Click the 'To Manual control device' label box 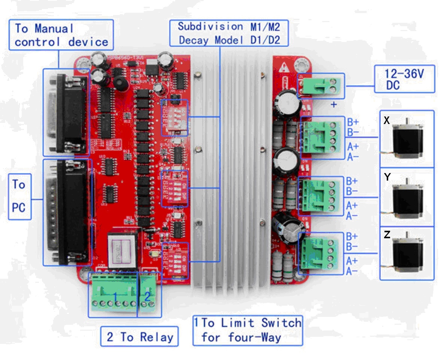61,34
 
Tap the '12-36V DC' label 404,79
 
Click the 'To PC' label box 19,196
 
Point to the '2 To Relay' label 139,336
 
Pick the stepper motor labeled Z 407,254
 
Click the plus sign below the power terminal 334,105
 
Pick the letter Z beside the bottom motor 387,235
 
